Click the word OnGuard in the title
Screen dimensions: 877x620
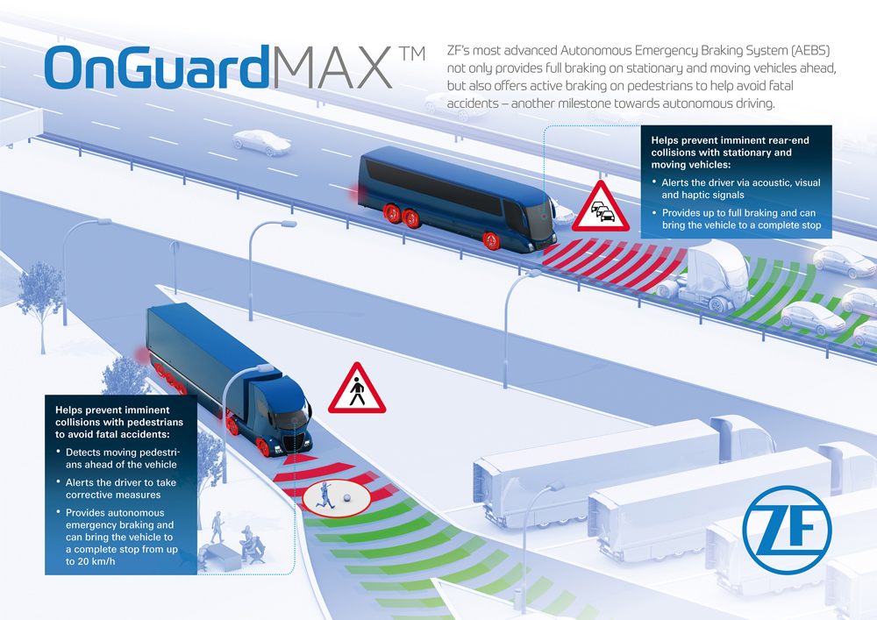click(x=157, y=68)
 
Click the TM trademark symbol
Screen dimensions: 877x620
click(x=412, y=53)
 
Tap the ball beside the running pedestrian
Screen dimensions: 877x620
click(x=346, y=497)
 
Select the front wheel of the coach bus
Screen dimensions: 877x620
click(x=490, y=240)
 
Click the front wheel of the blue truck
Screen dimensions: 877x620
click(x=262, y=446)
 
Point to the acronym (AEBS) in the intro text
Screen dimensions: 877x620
click(x=810, y=50)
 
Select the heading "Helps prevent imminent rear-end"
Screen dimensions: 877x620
click(x=730, y=140)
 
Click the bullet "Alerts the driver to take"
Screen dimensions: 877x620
click(x=121, y=482)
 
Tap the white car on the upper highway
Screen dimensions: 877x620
click(x=261, y=143)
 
